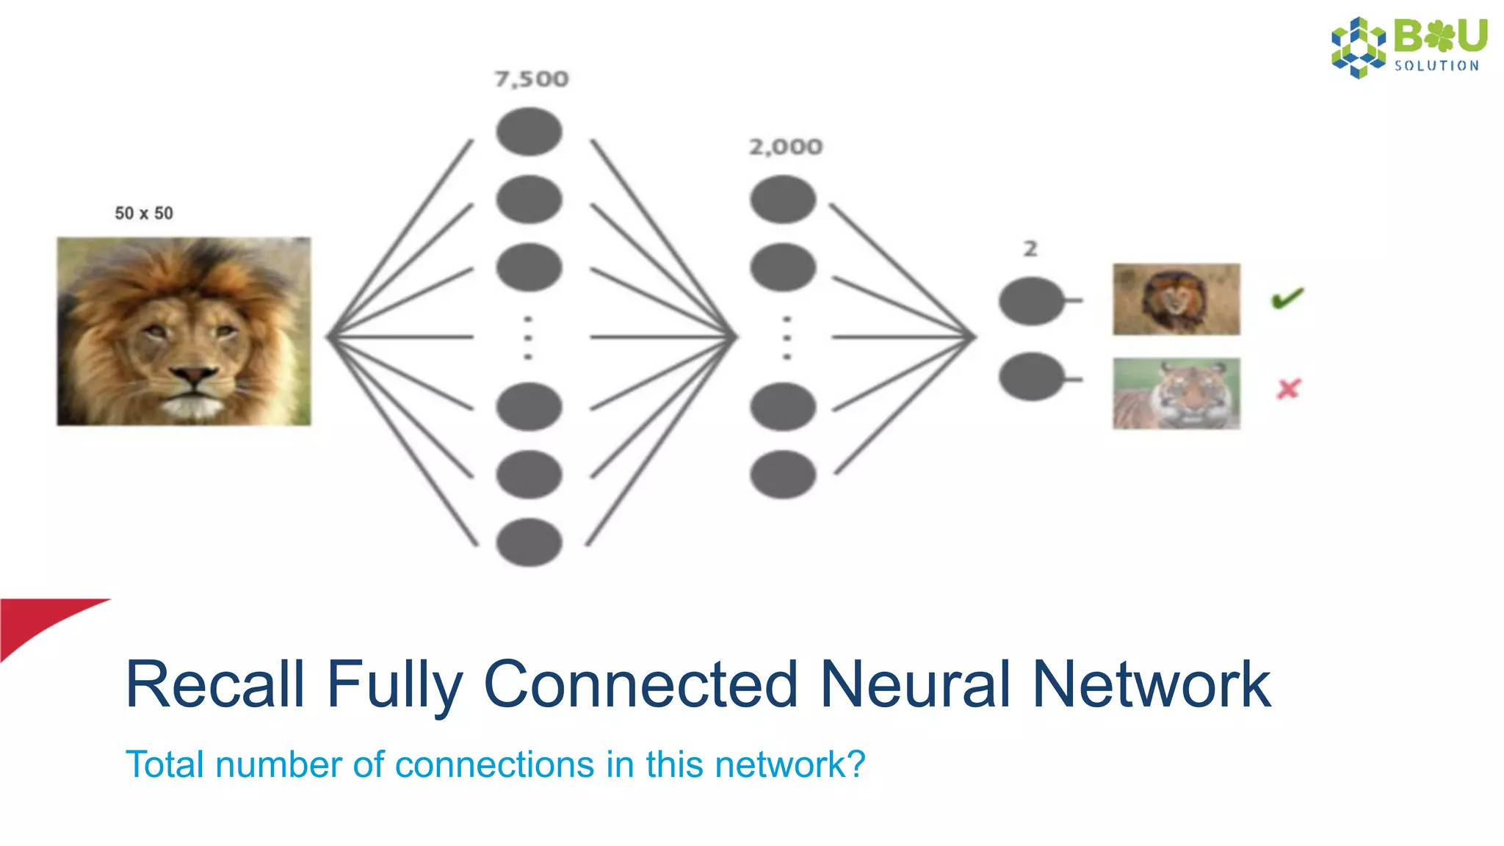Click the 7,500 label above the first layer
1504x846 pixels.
click(x=531, y=79)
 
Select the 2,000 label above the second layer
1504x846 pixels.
click(x=786, y=147)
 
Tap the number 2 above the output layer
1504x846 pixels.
click(x=1030, y=249)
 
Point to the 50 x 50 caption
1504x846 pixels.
click(x=144, y=214)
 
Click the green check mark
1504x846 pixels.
click(x=1287, y=298)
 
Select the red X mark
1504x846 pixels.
click(x=1288, y=388)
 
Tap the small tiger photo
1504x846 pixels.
click(x=1176, y=394)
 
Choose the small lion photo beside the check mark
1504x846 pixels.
click(x=1176, y=300)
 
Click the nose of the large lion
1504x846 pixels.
click(x=194, y=377)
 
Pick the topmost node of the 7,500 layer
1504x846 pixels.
click(x=529, y=131)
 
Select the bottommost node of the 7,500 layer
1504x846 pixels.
click(x=529, y=542)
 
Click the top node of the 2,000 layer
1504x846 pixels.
click(x=783, y=199)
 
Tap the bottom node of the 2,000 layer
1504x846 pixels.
click(x=783, y=474)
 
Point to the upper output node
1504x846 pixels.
click(x=1031, y=301)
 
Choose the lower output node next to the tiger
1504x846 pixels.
click(x=1031, y=377)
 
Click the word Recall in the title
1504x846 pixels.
click(x=214, y=684)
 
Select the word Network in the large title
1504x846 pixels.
click(x=1151, y=684)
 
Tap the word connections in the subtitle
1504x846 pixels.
click(x=494, y=764)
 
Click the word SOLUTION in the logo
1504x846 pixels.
click(x=1436, y=66)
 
